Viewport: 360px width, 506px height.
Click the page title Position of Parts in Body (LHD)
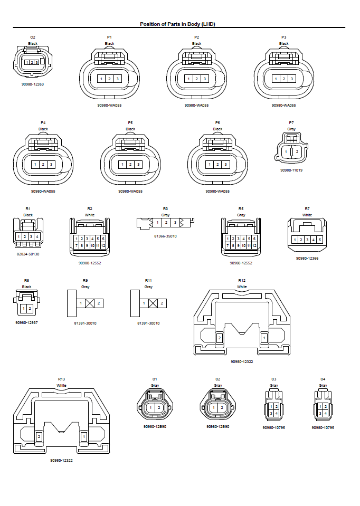point(177,24)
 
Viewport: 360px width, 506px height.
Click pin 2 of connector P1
point(109,79)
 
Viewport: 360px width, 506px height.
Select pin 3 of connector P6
point(225,165)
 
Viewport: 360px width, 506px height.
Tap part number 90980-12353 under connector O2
point(33,84)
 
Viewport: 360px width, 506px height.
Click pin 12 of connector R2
point(104,246)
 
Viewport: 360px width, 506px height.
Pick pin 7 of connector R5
point(228,246)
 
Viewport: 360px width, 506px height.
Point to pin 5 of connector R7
point(319,240)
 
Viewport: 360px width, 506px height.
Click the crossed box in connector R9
point(90,303)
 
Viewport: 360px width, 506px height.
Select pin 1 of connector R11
point(144,303)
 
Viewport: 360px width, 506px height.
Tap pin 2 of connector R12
point(220,338)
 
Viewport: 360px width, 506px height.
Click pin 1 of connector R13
point(83,436)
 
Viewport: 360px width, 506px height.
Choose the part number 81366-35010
point(166,236)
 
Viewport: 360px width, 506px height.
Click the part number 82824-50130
point(28,254)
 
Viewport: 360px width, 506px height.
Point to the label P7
point(291,122)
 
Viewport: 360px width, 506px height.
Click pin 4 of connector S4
point(326,413)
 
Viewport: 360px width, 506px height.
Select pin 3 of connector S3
point(271,413)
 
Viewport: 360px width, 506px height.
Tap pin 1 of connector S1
point(151,408)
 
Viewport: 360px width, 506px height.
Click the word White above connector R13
point(62,386)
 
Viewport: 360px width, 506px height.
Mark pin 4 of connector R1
point(37,236)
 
